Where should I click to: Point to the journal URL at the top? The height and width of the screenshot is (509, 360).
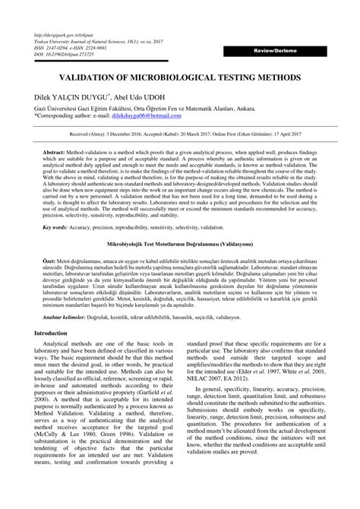tap(58, 35)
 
